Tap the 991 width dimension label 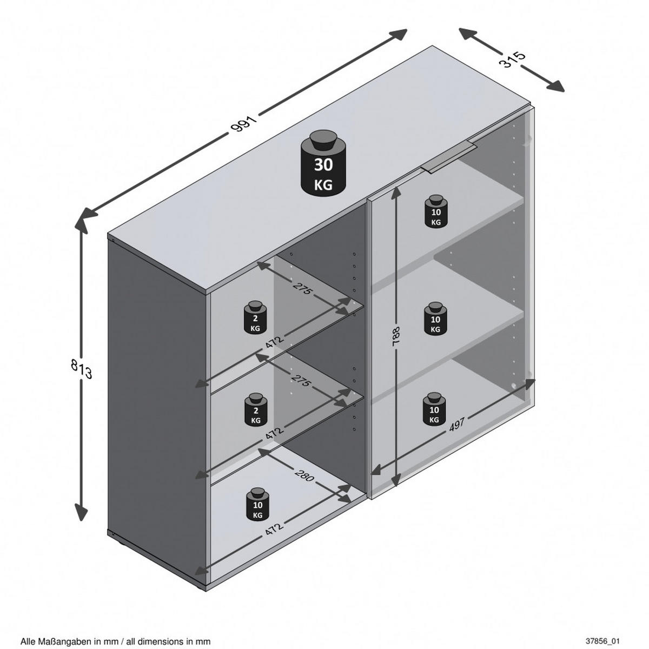(244, 123)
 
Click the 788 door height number (396, 336)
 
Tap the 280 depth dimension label (304, 474)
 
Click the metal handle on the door (448, 158)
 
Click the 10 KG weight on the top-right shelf (436, 210)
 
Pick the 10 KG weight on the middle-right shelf (435, 318)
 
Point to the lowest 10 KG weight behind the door (434, 408)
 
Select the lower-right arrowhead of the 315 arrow (555, 87)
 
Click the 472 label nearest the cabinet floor (274, 528)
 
